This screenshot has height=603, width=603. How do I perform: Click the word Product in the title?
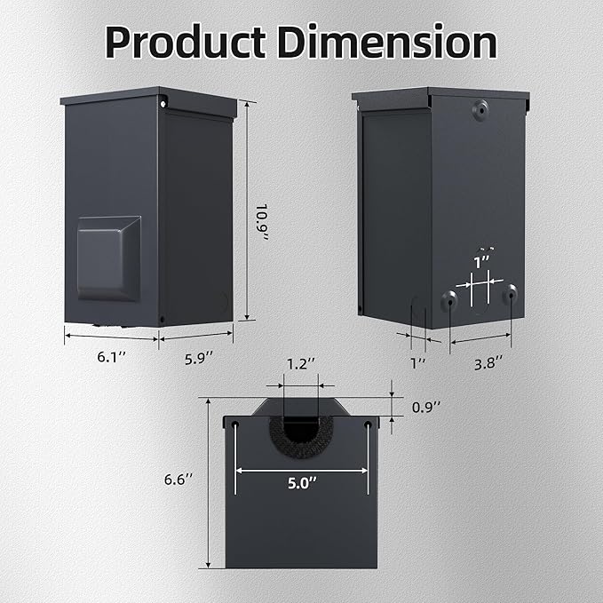tap(186, 42)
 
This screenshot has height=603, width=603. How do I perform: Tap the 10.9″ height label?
tap(262, 222)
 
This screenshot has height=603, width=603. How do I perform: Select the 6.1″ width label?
tap(111, 357)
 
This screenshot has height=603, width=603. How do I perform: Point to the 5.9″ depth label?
tap(199, 359)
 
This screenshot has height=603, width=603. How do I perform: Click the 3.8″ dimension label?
tap(488, 363)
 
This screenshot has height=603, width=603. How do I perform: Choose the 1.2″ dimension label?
tap(301, 364)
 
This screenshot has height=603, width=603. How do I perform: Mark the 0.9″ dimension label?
tap(425, 407)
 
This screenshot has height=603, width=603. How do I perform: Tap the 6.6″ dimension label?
tap(178, 480)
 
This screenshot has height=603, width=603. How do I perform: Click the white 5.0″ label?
tap(303, 483)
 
